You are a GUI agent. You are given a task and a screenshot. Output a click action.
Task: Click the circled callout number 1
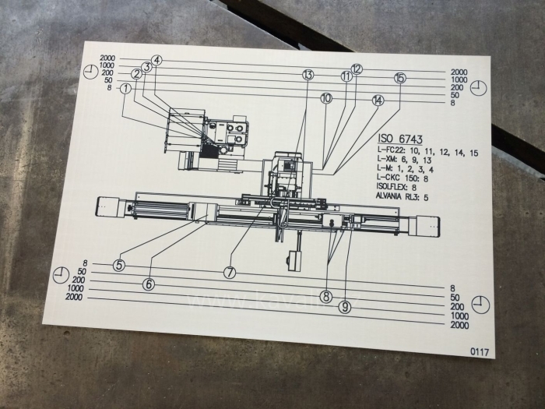(126, 89)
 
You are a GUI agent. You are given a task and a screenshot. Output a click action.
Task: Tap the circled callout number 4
(156, 60)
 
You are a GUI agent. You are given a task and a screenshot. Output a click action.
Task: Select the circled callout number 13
(308, 75)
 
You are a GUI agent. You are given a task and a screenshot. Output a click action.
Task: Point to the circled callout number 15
(400, 78)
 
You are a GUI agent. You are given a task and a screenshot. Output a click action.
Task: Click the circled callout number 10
(325, 98)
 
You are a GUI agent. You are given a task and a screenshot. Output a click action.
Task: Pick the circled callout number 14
(378, 100)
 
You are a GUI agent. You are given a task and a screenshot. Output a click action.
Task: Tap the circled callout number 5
(118, 265)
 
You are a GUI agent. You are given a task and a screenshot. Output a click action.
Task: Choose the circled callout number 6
(149, 284)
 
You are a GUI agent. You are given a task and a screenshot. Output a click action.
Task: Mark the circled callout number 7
(230, 273)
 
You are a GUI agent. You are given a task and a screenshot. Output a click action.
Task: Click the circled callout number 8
(326, 296)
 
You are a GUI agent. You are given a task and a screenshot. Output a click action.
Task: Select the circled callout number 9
(345, 308)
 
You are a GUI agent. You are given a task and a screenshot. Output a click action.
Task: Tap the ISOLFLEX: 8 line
(397, 187)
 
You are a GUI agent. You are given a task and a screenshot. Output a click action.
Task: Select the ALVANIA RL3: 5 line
(406, 196)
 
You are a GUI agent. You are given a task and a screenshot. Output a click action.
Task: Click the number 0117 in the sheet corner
(480, 352)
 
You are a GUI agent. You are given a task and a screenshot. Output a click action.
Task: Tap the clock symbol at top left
(92, 71)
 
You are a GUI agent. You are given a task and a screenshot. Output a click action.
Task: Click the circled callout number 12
(357, 69)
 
